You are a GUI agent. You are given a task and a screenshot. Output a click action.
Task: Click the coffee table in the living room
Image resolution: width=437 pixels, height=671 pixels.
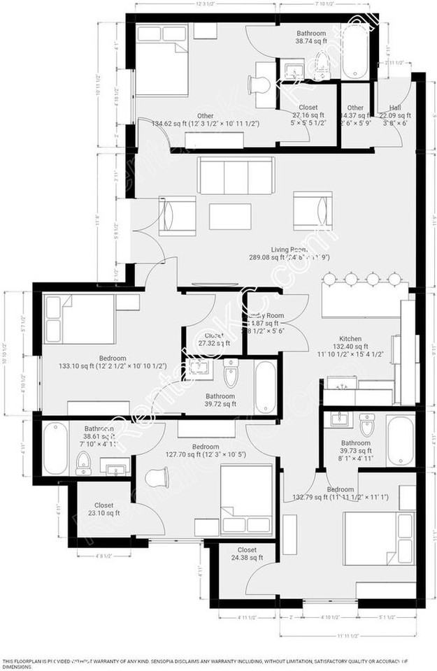click(231, 216)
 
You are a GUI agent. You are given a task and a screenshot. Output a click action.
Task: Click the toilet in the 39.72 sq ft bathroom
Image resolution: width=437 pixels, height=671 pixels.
click(231, 376)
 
